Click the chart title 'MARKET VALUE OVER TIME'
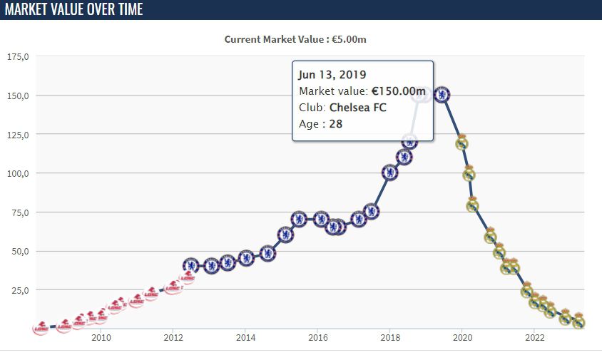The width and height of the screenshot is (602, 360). tap(74, 9)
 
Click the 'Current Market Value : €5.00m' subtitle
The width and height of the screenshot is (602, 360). tap(295, 39)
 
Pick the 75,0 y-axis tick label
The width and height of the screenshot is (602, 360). tap(19, 212)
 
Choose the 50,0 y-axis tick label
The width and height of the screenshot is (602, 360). tap(19, 251)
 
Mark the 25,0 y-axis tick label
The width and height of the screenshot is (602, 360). tap(19, 290)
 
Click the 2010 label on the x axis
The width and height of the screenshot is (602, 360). tap(100, 338)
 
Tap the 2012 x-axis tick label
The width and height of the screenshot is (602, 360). tap(173, 338)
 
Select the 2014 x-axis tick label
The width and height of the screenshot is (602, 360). tap(245, 338)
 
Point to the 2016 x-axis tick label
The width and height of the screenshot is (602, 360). tap(317, 338)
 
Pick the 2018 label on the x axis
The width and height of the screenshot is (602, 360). tap(390, 338)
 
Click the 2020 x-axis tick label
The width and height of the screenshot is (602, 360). tap(462, 338)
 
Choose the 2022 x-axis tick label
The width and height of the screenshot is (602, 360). tap(535, 338)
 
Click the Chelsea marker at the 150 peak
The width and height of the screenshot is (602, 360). tap(442, 95)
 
